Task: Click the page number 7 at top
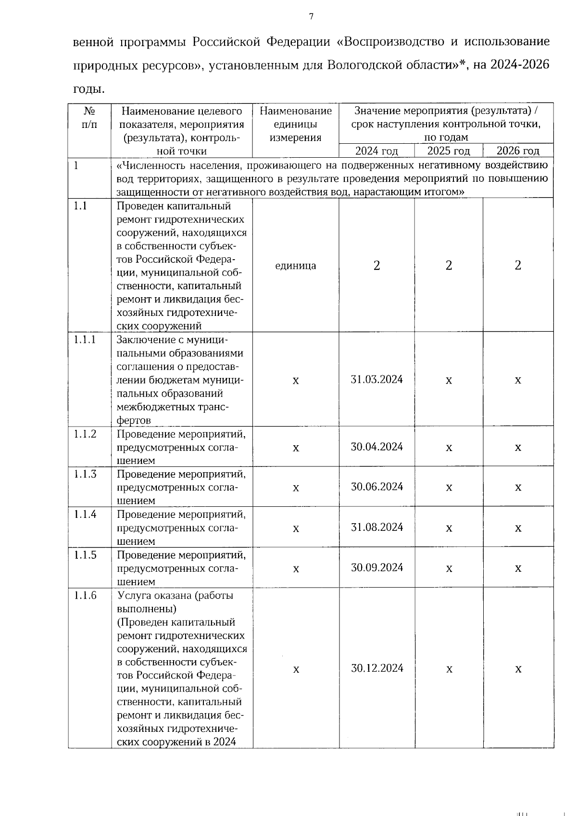click(x=311, y=17)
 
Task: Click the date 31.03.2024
click(x=376, y=379)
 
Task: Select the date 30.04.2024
click(x=376, y=447)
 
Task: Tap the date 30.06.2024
click(x=376, y=487)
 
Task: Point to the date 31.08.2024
click(x=376, y=527)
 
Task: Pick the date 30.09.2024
click(x=376, y=567)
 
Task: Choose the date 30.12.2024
click(x=376, y=668)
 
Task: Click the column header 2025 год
click(x=448, y=151)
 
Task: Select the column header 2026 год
click(x=518, y=151)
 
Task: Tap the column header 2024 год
click(x=376, y=151)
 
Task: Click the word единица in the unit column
click(x=295, y=266)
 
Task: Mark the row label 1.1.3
click(x=85, y=474)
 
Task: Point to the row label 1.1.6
click(x=85, y=595)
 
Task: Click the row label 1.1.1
click(x=85, y=339)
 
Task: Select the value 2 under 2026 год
click(x=518, y=265)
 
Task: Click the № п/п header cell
click(x=89, y=118)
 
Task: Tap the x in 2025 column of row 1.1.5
click(x=449, y=569)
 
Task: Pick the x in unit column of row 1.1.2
click(x=296, y=448)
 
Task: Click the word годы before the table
click(x=88, y=89)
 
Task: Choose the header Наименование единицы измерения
click(x=295, y=125)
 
